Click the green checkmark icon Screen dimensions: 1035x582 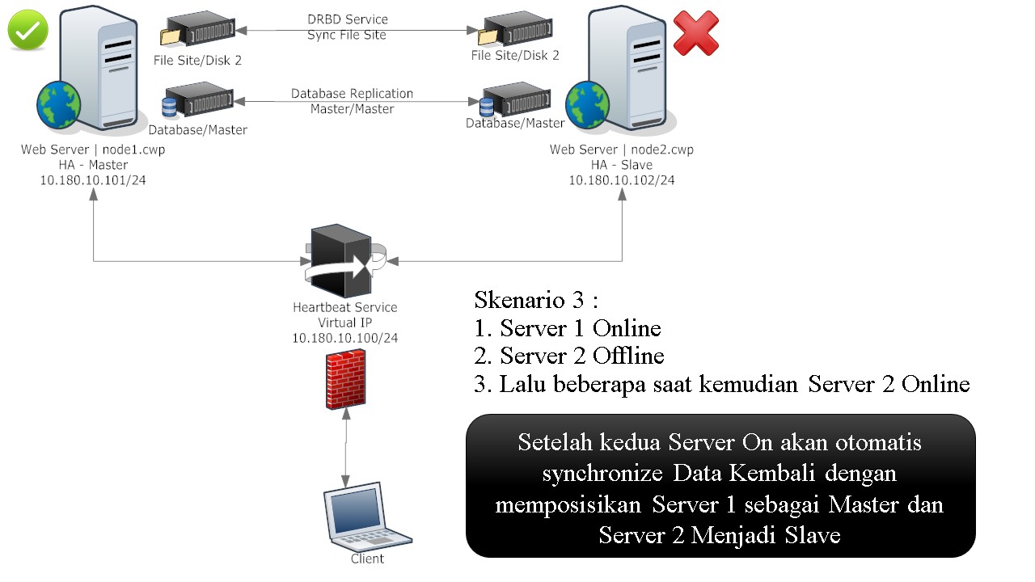(x=28, y=30)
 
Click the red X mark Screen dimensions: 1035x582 (x=696, y=34)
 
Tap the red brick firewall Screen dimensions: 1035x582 (x=345, y=380)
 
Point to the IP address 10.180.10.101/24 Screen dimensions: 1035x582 (x=93, y=180)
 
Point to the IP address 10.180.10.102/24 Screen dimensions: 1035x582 (x=622, y=180)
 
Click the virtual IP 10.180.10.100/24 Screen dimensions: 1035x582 (x=344, y=338)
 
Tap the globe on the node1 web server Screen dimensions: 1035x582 (x=59, y=105)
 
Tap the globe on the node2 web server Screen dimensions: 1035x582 (x=587, y=105)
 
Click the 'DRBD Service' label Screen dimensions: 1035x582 (x=348, y=19)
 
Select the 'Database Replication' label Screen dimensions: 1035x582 (x=352, y=93)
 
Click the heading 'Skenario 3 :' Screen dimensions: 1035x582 (x=536, y=300)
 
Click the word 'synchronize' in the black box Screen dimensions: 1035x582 (x=602, y=474)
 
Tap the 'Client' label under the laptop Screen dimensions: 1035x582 (x=367, y=559)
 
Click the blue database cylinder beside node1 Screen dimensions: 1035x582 (x=169, y=108)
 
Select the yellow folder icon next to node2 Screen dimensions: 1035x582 (x=488, y=37)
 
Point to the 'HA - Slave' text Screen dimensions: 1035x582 (x=622, y=165)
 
